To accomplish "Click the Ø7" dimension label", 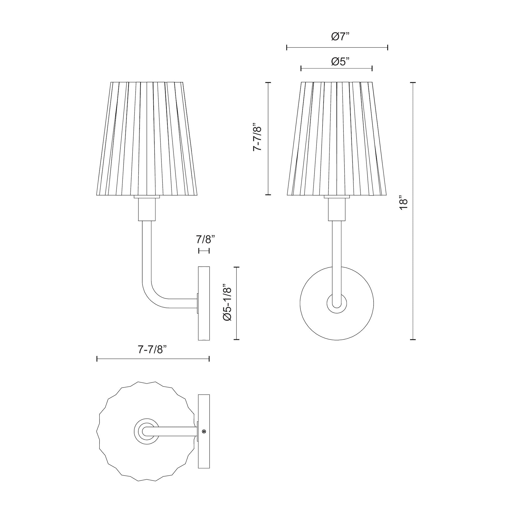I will point(340,37).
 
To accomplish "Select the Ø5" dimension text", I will point(340,62).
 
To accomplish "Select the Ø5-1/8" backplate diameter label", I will point(228,303).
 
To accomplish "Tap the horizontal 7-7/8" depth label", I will point(153,349).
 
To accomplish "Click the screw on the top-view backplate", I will point(204,432).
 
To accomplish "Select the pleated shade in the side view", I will point(147,138).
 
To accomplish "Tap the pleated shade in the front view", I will point(337,138).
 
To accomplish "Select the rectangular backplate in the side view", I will point(204,303).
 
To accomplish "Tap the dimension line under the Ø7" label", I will point(337,48).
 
